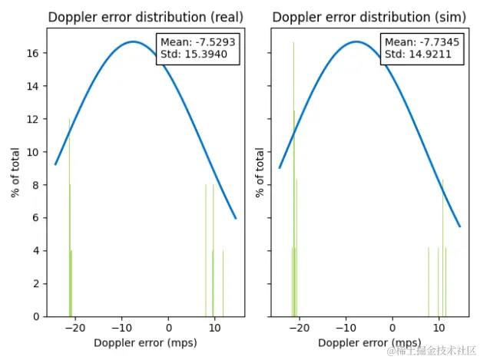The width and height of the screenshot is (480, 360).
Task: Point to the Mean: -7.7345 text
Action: pos(422,42)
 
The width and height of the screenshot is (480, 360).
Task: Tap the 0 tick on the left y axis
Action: pos(37,316)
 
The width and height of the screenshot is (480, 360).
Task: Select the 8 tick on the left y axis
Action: pos(37,185)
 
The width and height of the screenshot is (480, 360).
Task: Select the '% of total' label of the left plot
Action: pos(16,173)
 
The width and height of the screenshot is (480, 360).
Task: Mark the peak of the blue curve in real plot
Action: pos(134,41)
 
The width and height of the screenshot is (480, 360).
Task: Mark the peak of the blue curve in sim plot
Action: pos(356,41)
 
